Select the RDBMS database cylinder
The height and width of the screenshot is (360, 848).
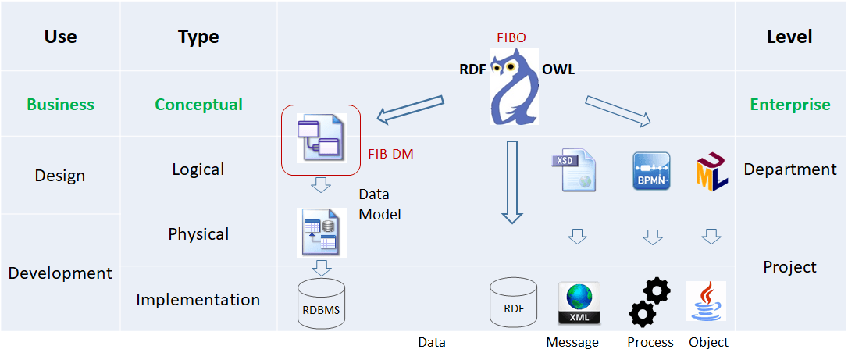[322, 303]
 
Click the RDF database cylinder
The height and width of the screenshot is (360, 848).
[513, 303]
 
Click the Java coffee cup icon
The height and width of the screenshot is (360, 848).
[706, 301]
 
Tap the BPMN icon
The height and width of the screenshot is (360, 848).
[650, 171]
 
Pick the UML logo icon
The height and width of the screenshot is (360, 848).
[711, 172]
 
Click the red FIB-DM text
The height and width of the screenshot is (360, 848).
[390, 154]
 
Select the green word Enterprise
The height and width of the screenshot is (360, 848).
[790, 105]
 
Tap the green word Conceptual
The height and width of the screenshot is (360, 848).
[198, 105]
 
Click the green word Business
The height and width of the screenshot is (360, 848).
[60, 105]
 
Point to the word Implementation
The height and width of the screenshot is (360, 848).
[198, 300]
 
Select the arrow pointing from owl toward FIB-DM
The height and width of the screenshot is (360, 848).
[410, 110]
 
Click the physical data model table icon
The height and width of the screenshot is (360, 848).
[321, 232]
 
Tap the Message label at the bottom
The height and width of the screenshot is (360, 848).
[572, 342]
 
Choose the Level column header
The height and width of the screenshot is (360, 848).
[789, 37]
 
